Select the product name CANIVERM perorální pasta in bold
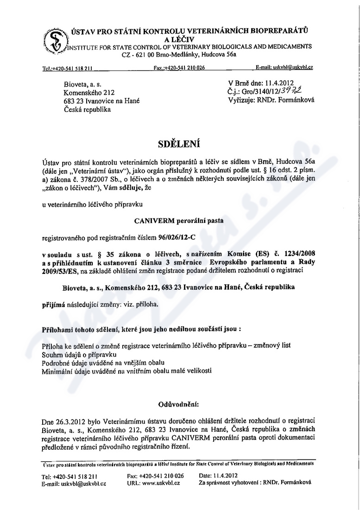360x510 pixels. [180, 221]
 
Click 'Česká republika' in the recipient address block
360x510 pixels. [87, 109]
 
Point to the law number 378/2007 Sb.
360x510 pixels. [91, 179]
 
